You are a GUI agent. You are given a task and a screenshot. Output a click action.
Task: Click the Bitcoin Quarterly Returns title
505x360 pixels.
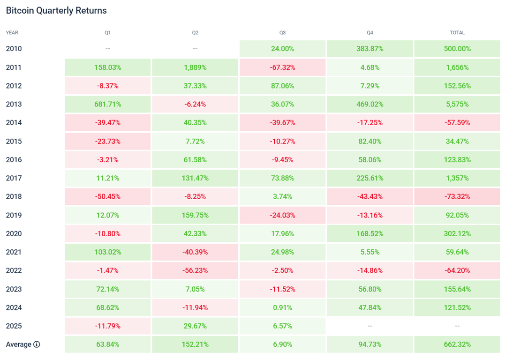pyautogui.click(x=56, y=10)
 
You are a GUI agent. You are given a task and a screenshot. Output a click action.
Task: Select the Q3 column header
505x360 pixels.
pyautogui.click(x=282, y=33)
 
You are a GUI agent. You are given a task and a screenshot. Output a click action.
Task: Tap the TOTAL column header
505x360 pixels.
pyautogui.click(x=457, y=33)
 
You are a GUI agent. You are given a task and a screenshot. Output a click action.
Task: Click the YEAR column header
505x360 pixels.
pyautogui.click(x=12, y=33)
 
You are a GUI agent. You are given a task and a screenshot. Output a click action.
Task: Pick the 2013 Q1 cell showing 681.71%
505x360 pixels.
pyautogui.click(x=108, y=104)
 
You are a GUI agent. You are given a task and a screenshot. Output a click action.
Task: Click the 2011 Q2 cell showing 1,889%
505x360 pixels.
pyautogui.click(x=195, y=67)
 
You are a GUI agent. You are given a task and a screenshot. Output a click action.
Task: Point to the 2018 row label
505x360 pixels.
pyautogui.click(x=14, y=196)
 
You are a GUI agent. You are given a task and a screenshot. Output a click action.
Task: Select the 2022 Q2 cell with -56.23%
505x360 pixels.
pyautogui.click(x=195, y=270)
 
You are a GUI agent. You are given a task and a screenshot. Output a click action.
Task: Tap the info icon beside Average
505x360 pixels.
pyautogui.click(x=37, y=345)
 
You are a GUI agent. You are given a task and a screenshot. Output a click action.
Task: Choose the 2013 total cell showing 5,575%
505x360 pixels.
pyautogui.click(x=457, y=104)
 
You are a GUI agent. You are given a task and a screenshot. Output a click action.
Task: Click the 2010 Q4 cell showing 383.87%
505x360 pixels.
pyautogui.click(x=370, y=49)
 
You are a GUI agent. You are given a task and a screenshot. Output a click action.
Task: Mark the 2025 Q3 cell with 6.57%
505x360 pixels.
pyautogui.click(x=282, y=326)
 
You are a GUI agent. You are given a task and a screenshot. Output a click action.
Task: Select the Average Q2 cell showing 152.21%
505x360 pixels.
pyautogui.click(x=195, y=345)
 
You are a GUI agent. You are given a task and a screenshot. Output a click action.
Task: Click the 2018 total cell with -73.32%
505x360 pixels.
pyautogui.click(x=457, y=196)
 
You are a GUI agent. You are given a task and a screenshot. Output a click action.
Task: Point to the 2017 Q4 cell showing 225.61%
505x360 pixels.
pyautogui.click(x=370, y=178)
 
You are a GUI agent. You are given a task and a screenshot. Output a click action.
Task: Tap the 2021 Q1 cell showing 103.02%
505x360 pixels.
pyautogui.click(x=108, y=252)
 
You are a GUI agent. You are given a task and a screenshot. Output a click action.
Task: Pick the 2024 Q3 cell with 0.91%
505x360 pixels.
pyautogui.click(x=282, y=307)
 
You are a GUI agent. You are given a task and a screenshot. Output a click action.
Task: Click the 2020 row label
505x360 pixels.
pyautogui.click(x=14, y=233)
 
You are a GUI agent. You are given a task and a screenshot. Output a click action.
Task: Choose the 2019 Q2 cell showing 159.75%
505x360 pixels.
pyautogui.click(x=195, y=215)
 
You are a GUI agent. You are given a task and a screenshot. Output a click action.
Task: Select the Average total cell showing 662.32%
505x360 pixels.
pyautogui.click(x=457, y=345)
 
